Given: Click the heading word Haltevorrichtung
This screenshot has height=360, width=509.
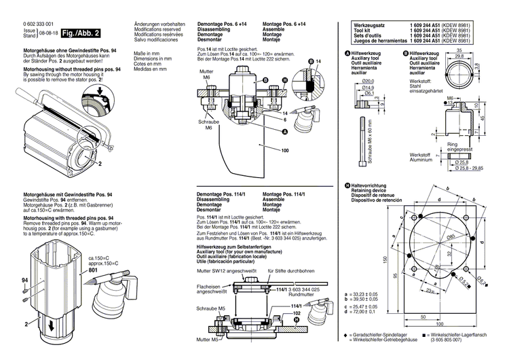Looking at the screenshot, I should coord(367,185).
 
